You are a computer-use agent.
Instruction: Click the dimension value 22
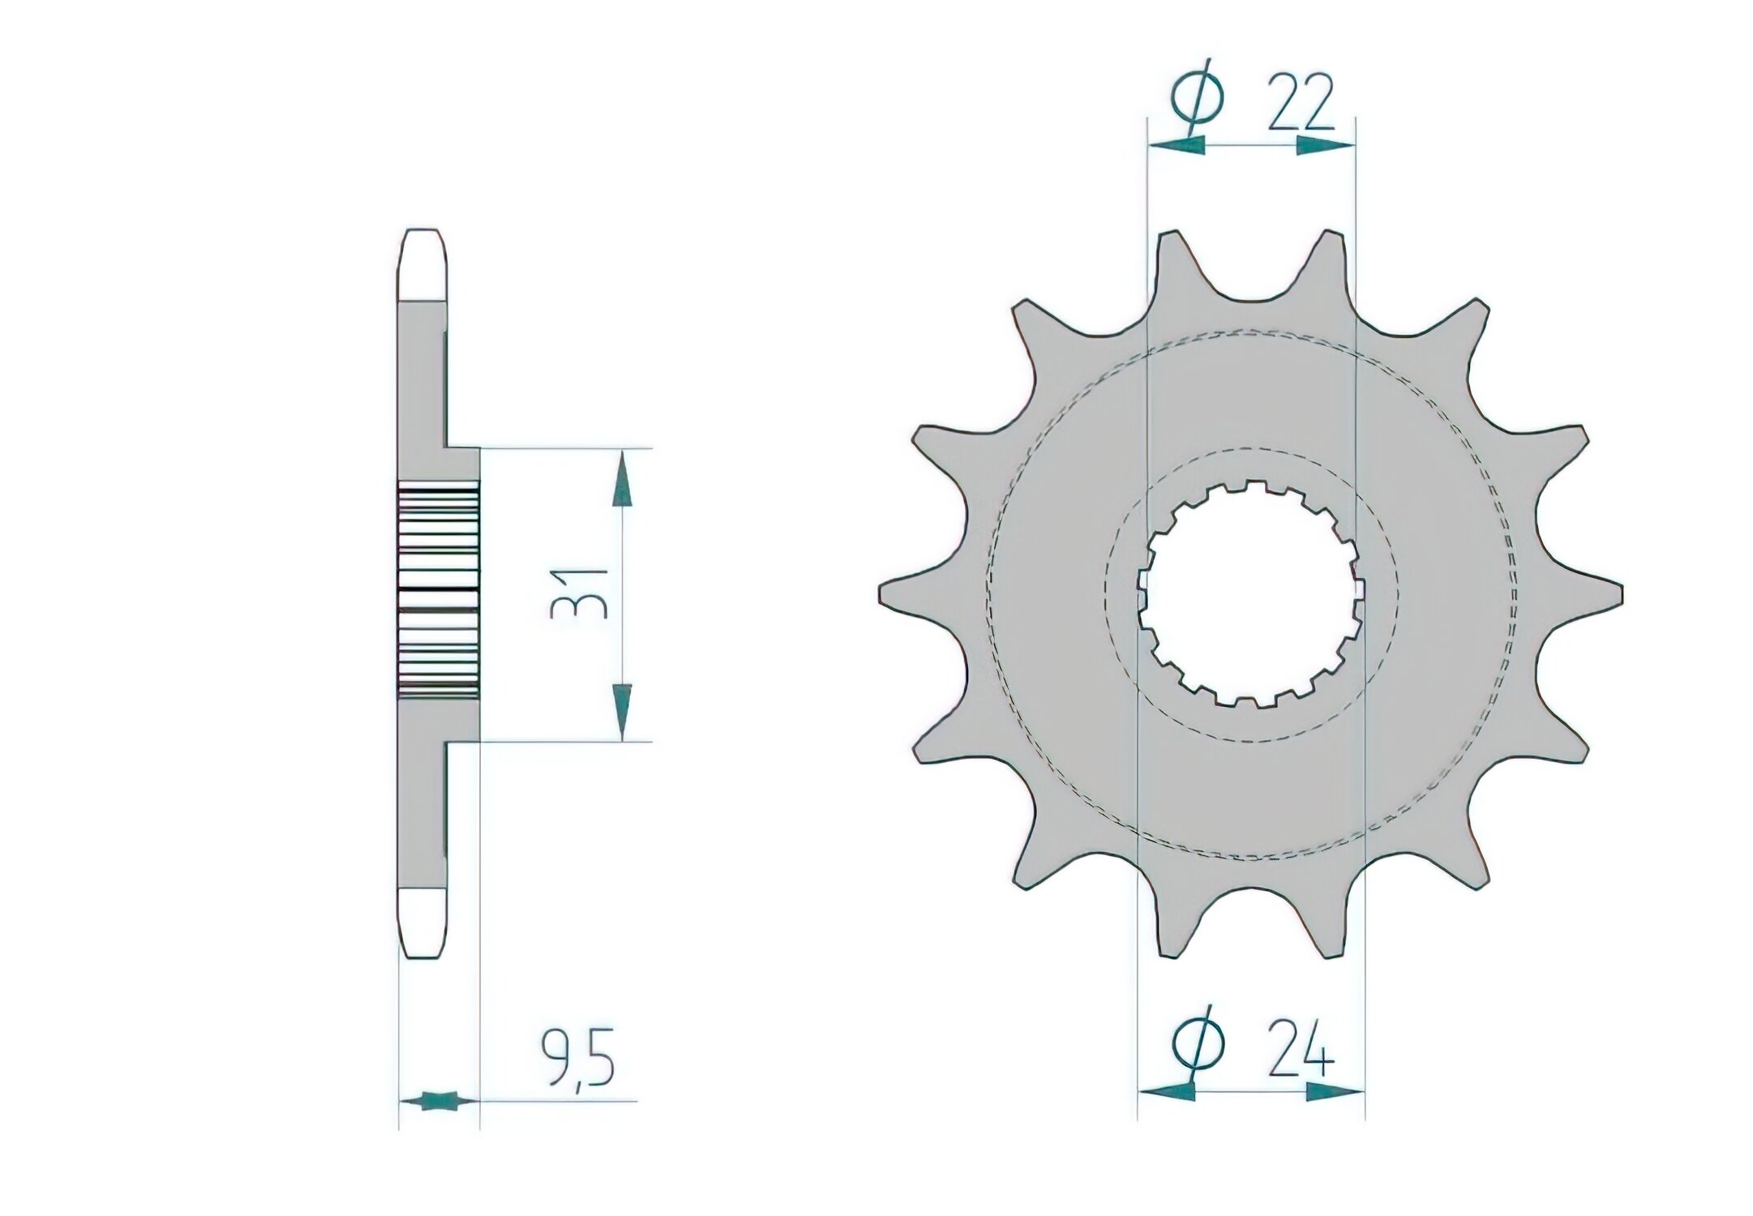point(1299,104)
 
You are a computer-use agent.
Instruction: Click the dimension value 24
point(1301,1051)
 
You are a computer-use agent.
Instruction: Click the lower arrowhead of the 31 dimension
point(622,706)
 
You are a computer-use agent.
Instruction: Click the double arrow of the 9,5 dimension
point(439,1100)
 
